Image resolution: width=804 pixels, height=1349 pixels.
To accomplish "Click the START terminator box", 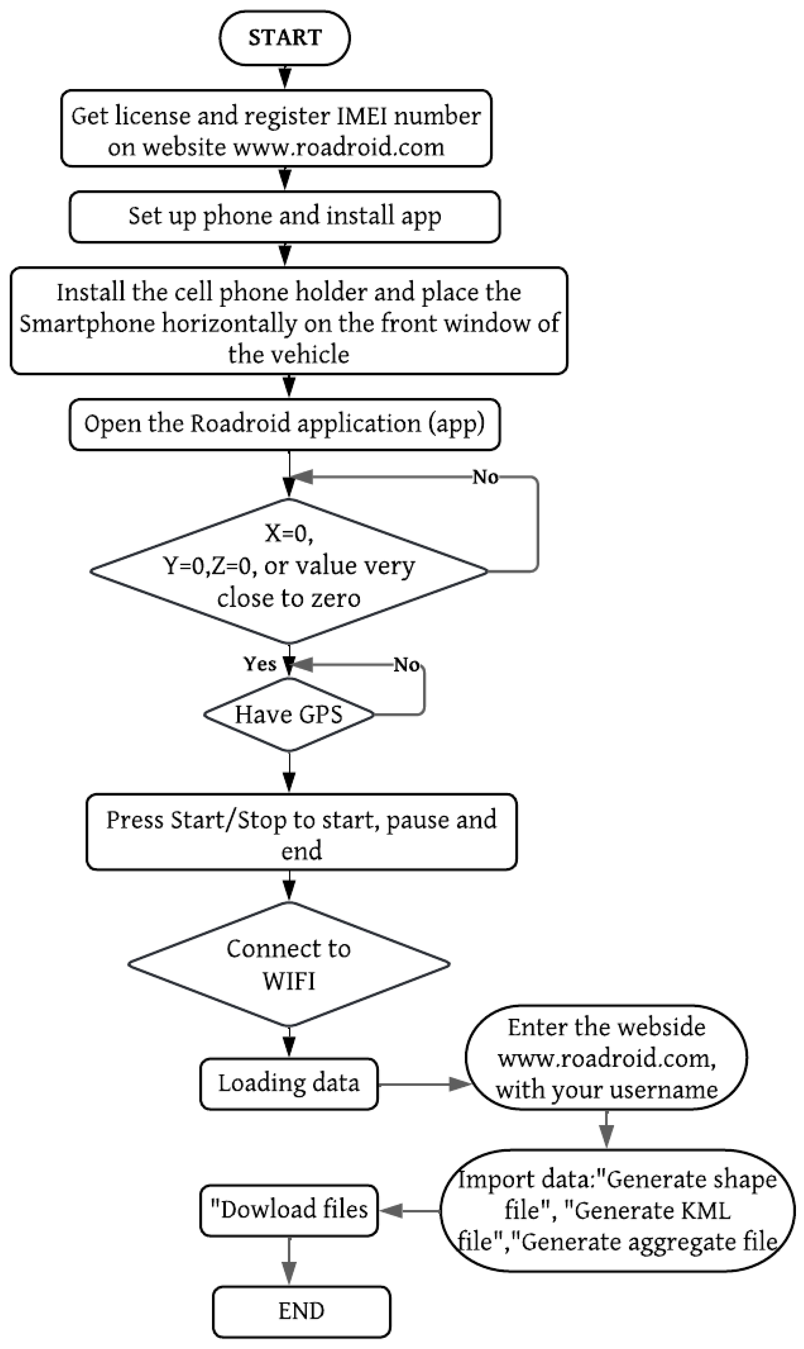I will [x=284, y=38].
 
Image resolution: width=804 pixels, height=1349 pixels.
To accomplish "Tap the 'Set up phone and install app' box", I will [x=284, y=216].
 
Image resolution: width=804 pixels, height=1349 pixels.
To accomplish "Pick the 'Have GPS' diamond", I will [x=289, y=714].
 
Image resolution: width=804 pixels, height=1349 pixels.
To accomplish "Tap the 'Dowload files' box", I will [x=289, y=1210].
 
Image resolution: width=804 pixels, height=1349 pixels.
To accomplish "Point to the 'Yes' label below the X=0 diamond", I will [x=259, y=664].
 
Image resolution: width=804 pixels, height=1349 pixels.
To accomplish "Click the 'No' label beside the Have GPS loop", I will [x=406, y=664].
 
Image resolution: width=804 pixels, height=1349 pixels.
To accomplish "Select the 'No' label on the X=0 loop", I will [x=485, y=477].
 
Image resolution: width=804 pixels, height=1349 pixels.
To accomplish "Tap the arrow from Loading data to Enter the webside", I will [x=423, y=1084].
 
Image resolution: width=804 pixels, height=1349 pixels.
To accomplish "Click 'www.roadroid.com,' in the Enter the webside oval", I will [x=607, y=1058].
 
